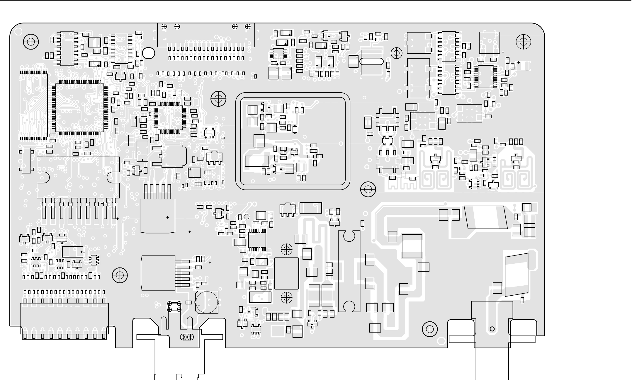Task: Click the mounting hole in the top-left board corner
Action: [x=31, y=42]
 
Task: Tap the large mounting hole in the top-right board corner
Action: [x=523, y=42]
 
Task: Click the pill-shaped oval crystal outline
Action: [x=371, y=62]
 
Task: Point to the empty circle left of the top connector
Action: [x=148, y=53]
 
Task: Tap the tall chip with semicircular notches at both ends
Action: [x=349, y=271]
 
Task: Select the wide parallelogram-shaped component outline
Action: [x=486, y=217]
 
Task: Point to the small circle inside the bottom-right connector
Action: [x=492, y=329]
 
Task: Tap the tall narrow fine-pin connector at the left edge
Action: [x=33, y=105]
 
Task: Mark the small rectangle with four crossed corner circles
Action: [x=174, y=306]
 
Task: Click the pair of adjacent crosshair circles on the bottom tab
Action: [x=187, y=337]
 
